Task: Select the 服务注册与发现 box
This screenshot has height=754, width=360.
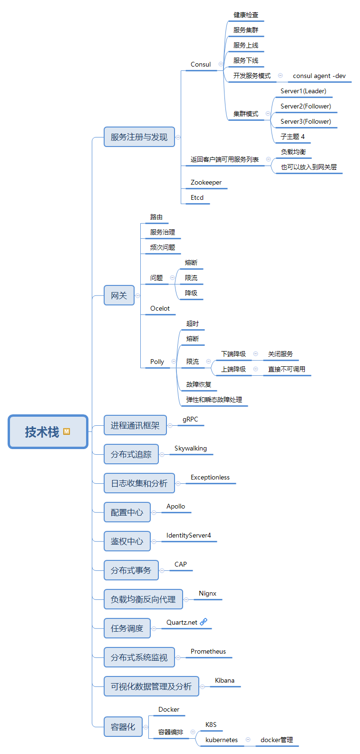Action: (x=139, y=137)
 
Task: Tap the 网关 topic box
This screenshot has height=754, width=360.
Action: (x=119, y=295)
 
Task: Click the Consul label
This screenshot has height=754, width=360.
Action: (x=200, y=64)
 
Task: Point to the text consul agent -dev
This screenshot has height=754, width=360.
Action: (x=319, y=76)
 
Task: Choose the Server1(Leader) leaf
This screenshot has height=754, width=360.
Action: (x=303, y=91)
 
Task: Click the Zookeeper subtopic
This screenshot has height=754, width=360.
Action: (x=206, y=182)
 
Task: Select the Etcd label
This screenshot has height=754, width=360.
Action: (x=197, y=197)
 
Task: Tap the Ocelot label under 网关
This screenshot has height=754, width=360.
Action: (x=160, y=308)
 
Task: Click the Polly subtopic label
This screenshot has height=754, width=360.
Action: (x=157, y=362)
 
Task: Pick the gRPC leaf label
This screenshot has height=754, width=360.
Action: (x=190, y=419)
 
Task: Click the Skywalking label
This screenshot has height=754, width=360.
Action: (x=190, y=448)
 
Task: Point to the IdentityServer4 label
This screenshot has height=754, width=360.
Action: (x=188, y=535)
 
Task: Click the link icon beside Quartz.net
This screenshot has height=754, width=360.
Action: (x=204, y=622)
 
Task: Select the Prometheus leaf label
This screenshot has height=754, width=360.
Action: (x=208, y=651)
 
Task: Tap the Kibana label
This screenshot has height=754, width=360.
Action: (x=224, y=680)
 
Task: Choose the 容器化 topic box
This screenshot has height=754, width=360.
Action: (x=123, y=727)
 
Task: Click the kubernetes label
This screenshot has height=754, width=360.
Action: (x=221, y=740)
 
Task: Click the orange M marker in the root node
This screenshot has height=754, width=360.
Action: (x=67, y=431)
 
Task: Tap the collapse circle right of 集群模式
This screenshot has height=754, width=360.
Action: (x=268, y=114)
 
